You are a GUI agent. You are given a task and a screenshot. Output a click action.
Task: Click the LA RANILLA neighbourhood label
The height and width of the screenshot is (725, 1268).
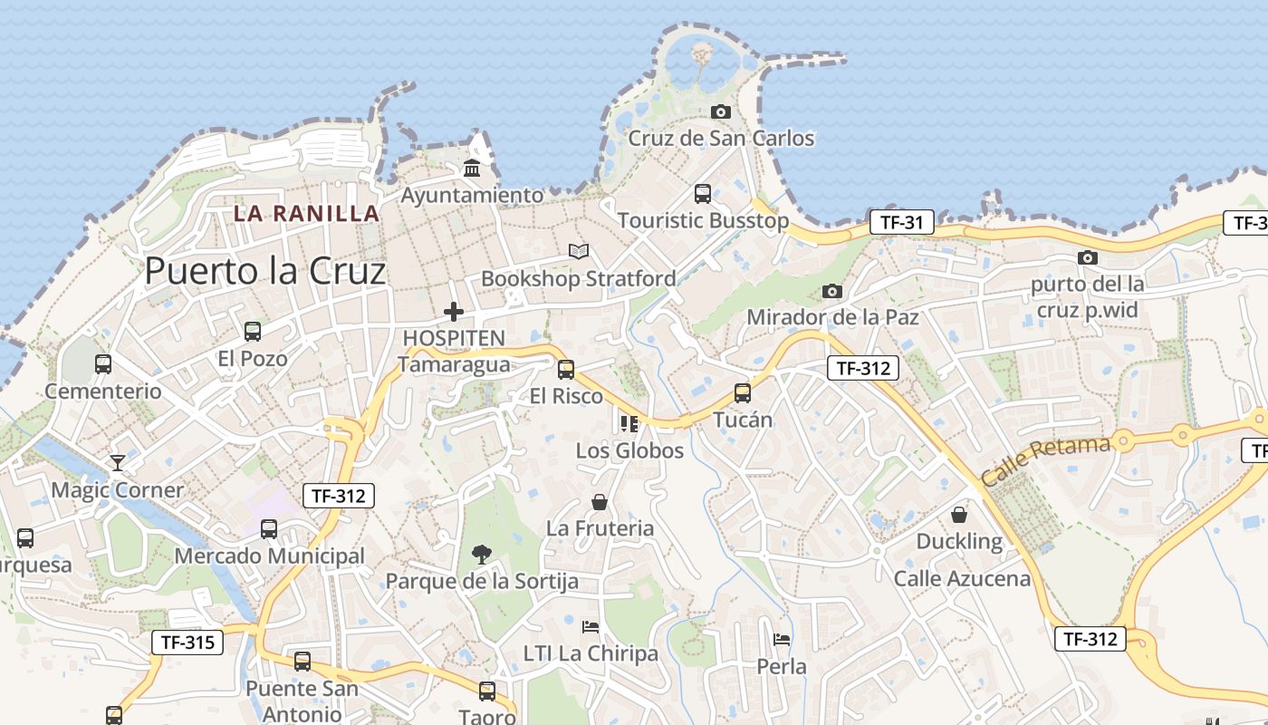(x=306, y=214)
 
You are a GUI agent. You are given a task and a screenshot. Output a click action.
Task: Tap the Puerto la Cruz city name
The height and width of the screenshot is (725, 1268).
(x=265, y=270)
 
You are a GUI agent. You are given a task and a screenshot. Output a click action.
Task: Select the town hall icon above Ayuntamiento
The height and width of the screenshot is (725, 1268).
(x=472, y=169)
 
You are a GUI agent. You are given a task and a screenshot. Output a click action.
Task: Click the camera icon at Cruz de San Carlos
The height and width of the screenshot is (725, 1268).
(x=721, y=111)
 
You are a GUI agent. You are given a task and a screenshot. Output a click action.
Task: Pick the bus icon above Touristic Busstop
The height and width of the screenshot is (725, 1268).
(x=703, y=193)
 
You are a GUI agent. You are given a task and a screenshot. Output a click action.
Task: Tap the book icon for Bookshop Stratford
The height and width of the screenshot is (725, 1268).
(x=578, y=251)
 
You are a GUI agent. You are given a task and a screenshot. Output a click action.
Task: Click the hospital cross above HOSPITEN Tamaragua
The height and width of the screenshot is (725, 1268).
(x=454, y=312)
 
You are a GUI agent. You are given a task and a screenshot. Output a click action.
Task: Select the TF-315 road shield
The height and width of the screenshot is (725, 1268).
(x=187, y=643)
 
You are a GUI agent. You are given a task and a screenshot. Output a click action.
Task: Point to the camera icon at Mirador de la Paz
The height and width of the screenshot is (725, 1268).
(x=832, y=291)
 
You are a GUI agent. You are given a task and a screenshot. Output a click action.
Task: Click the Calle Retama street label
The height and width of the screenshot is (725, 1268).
(x=1046, y=459)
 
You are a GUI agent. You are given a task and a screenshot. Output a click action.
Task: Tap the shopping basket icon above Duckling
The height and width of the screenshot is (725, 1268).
(x=959, y=515)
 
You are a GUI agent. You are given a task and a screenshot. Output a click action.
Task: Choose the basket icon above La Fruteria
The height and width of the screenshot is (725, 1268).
(x=599, y=501)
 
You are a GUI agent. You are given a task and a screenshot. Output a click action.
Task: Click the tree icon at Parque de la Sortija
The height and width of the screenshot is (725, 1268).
(x=481, y=554)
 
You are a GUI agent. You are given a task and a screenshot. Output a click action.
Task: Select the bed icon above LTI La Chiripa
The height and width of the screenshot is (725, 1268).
(x=591, y=626)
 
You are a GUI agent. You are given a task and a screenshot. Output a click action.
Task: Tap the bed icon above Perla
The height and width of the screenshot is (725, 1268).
(x=782, y=639)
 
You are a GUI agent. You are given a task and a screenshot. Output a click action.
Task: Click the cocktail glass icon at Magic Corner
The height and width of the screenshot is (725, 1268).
(x=117, y=463)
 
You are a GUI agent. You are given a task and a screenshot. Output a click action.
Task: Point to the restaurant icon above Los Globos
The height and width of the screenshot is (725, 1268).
(x=629, y=423)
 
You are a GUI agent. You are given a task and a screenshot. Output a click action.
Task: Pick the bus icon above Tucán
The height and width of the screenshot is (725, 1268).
(x=743, y=393)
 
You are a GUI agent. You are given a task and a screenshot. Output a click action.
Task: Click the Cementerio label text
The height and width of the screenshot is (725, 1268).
(x=103, y=391)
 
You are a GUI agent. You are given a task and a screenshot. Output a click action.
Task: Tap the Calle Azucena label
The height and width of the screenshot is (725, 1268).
(x=962, y=578)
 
